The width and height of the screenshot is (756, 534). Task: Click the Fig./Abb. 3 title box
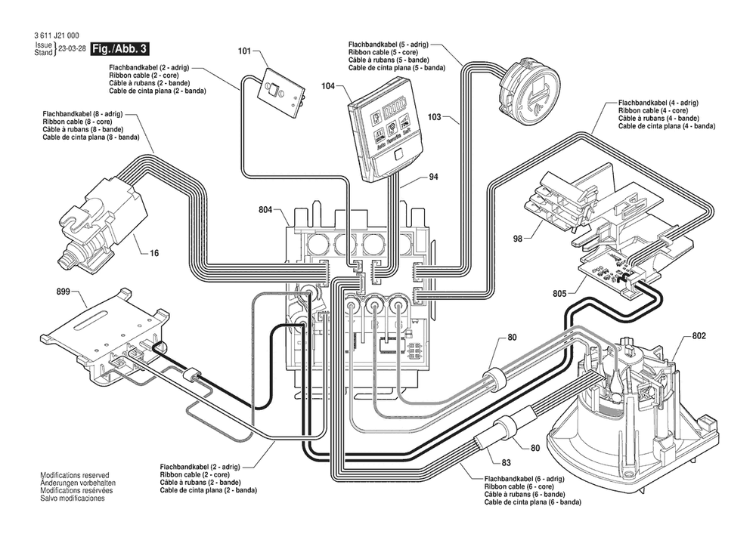pos(119,49)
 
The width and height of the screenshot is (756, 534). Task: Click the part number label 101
pos(244,52)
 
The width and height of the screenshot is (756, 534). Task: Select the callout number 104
pos(328,86)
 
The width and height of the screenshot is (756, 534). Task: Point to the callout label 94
pos(433,178)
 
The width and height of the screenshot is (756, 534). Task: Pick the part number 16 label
pos(154,253)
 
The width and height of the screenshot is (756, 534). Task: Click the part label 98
pos(518,239)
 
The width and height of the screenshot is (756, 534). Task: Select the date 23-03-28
pos(70,50)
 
